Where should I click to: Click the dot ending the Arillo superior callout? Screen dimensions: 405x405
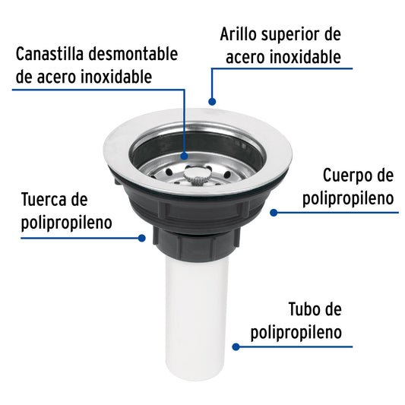pos(213,100)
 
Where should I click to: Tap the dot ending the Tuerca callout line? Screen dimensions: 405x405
pos(141,237)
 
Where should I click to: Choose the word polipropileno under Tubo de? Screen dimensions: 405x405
pos(295,333)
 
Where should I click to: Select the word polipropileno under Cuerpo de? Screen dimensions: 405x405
pos(348,199)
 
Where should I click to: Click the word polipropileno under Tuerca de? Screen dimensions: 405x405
pos(67,223)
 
